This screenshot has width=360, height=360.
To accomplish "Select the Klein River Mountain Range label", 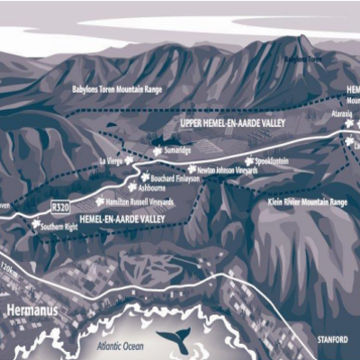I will [x=308, y=203].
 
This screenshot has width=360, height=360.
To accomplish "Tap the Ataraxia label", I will [x=340, y=115].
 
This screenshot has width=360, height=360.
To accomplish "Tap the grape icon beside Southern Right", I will [x=36, y=224].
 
